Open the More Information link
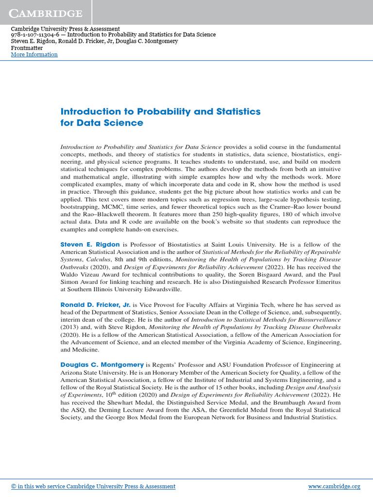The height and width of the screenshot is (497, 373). (34, 54)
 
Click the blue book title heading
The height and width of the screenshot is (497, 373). (160, 117)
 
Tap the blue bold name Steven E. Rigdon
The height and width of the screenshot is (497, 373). (90, 245)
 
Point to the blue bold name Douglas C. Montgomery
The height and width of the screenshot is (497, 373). (102, 364)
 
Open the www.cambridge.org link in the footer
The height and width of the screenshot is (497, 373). (334, 486)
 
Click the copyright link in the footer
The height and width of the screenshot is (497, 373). (93, 486)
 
